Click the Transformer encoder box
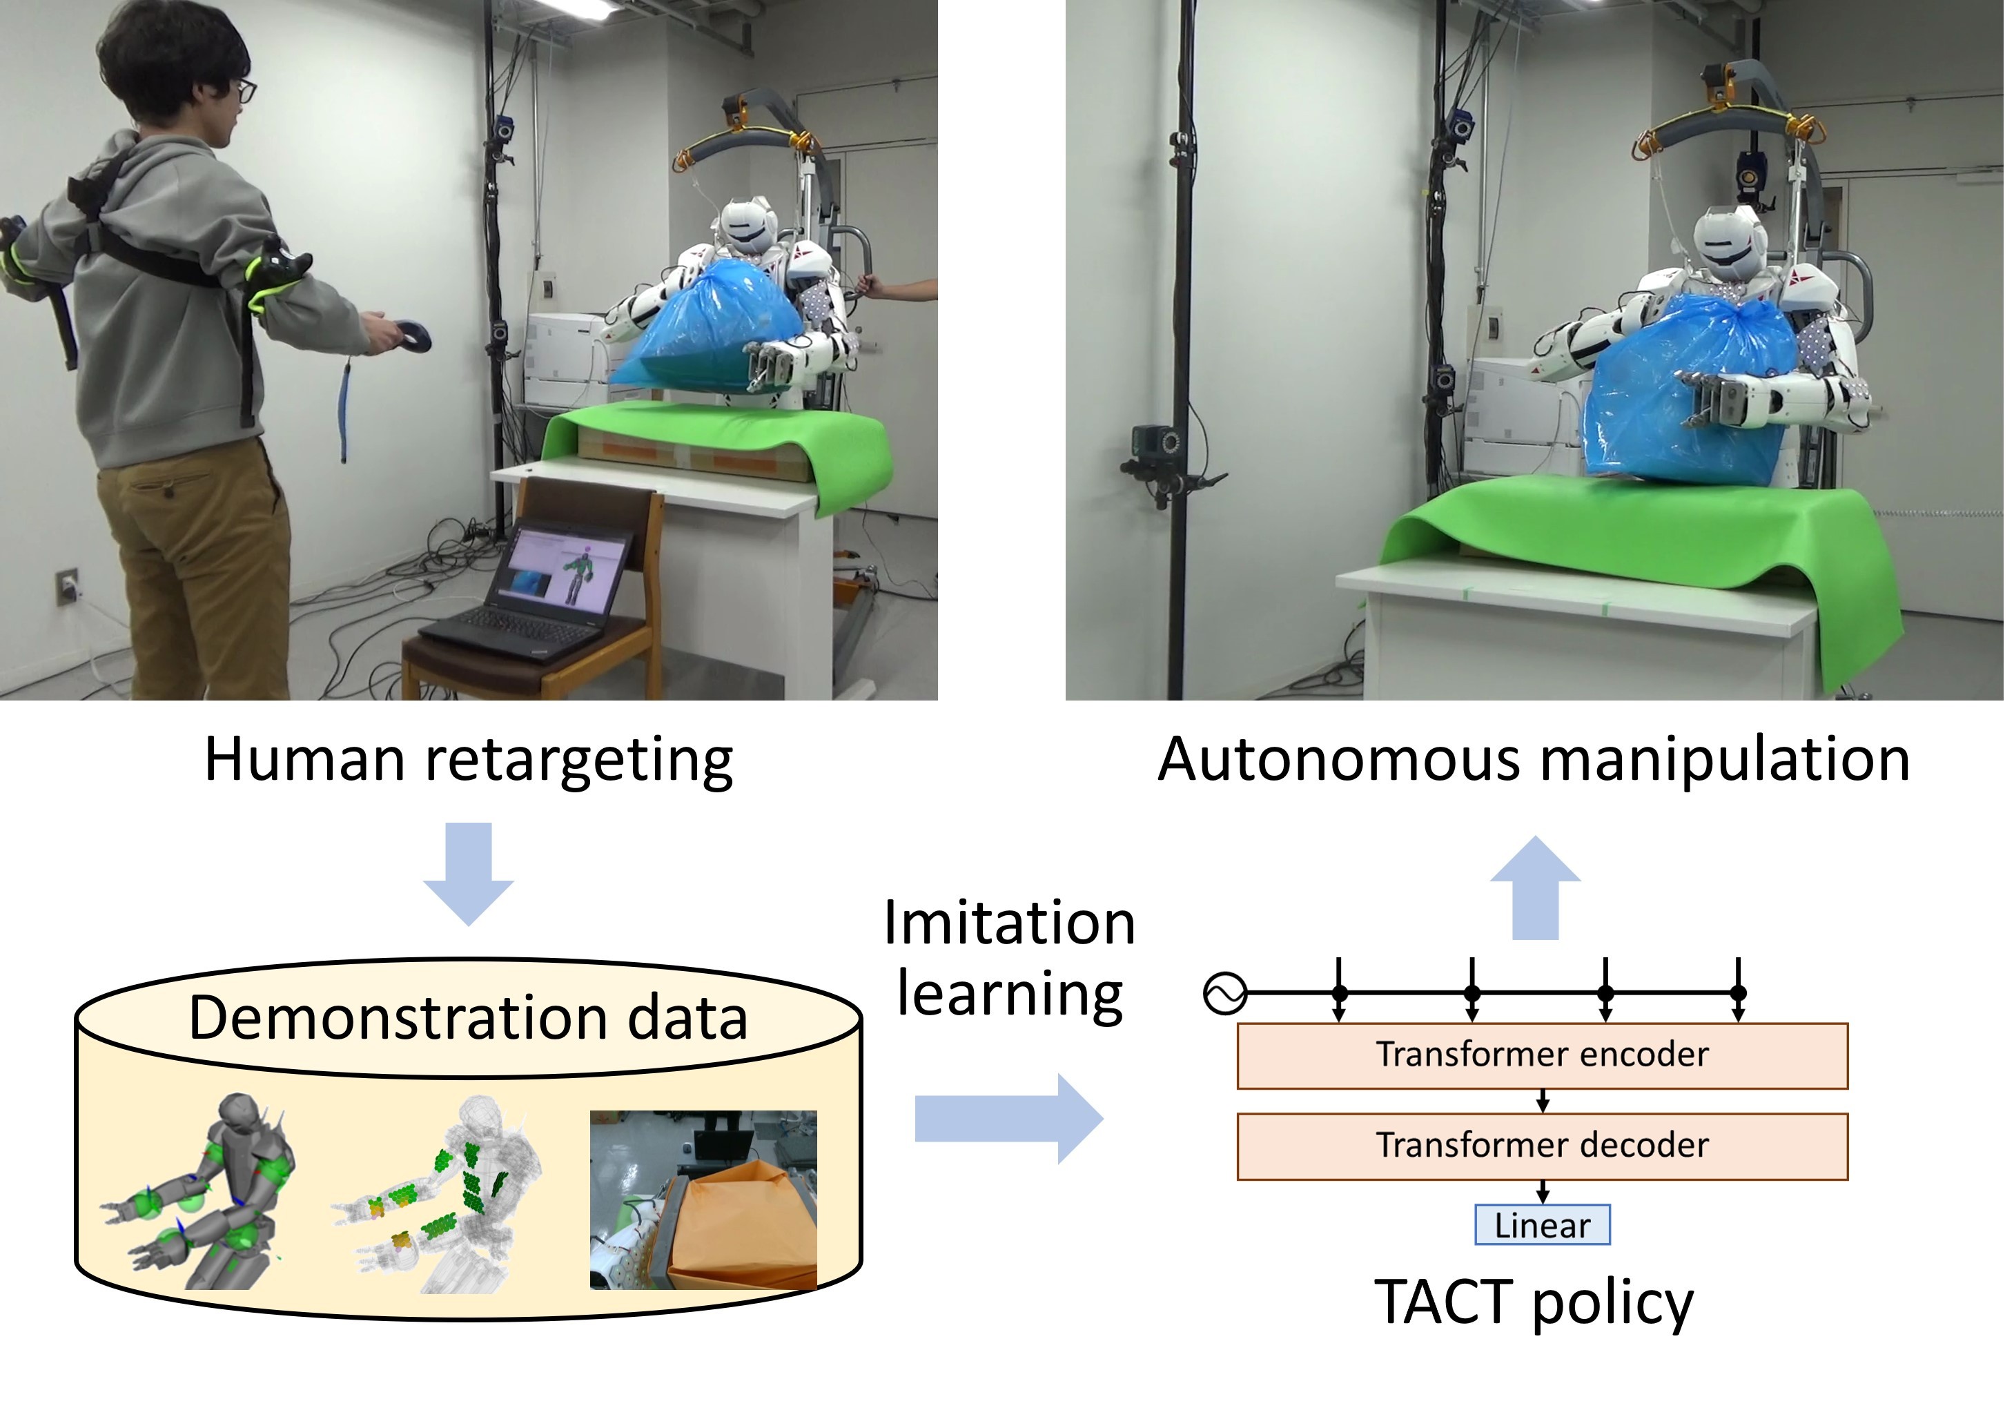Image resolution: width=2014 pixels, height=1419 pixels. coord(1541,1055)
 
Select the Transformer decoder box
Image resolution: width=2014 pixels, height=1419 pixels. coord(1541,1146)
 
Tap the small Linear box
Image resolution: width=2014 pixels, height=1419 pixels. coord(1541,1225)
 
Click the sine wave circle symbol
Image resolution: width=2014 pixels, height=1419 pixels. coord(1225,994)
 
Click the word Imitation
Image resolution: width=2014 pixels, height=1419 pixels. coord(1009,923)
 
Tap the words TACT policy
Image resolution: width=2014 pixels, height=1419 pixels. coord(1534,1302)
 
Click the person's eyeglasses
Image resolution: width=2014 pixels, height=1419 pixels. coord(246,90)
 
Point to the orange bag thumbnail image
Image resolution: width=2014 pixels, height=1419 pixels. coord(703,1200)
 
